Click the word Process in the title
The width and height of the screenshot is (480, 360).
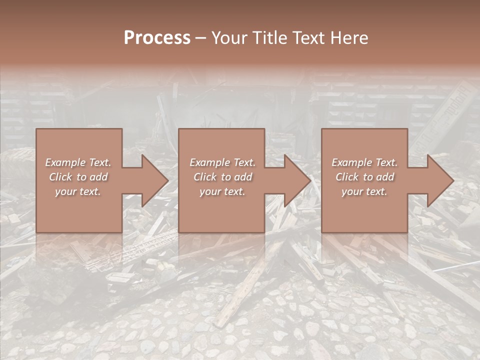[x=157, y=38]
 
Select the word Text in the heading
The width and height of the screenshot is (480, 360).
[x=308, y=38]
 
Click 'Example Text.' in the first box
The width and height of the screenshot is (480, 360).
[x=78, y=162]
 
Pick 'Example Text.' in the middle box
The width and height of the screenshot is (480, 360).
[x=222, y=162]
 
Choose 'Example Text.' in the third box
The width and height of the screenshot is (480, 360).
[x=364, y=162]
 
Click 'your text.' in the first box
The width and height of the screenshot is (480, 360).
[x=78, y=191]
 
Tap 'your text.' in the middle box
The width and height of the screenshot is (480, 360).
[x=222, y=191]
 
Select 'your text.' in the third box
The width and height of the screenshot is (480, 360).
[x=364, y=191]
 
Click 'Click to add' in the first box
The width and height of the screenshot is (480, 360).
[x=78, y=177]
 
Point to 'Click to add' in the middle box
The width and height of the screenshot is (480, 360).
[x=222, y=177]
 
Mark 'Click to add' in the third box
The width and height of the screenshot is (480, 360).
[x=364, y=177]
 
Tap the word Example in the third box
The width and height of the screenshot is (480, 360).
[x=351, y=162]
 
